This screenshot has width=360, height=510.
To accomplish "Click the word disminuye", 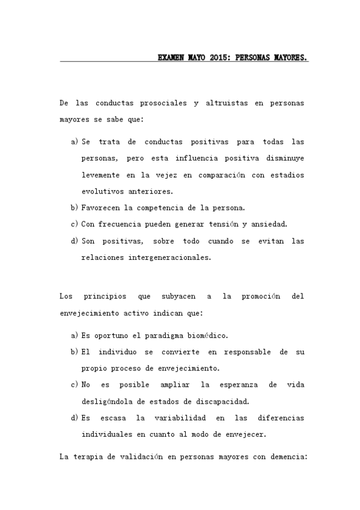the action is coord(284,159).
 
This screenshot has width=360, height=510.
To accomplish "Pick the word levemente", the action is coord(100,175).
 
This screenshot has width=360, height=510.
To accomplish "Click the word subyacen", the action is coord(176,296).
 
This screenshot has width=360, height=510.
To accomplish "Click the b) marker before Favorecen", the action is coord(75,208).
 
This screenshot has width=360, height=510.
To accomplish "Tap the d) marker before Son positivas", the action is coord(75,241).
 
